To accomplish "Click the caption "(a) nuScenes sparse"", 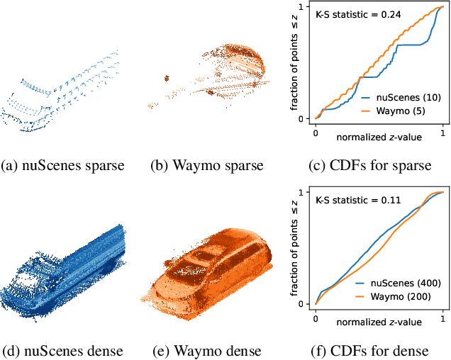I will pos(64,166).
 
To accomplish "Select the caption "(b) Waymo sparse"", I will pos(206,166).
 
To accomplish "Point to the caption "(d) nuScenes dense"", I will pos(64,351).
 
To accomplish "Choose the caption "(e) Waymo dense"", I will pos(206,351).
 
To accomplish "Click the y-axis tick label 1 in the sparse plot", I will pos(301,7).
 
